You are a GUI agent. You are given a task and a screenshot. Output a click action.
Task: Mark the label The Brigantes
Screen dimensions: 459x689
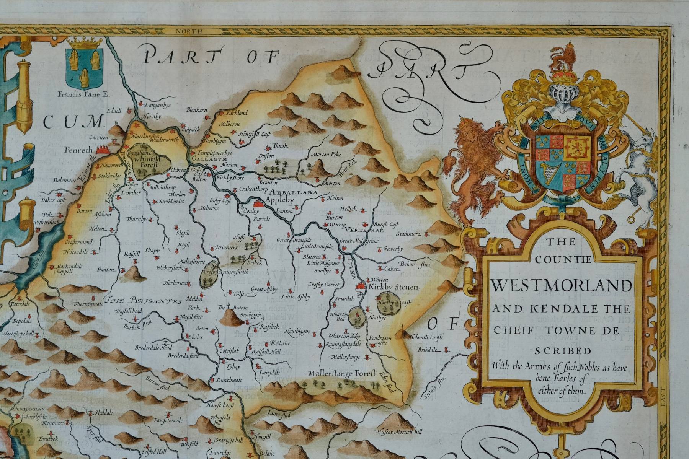pyautogui.click(x=144, y=301)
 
